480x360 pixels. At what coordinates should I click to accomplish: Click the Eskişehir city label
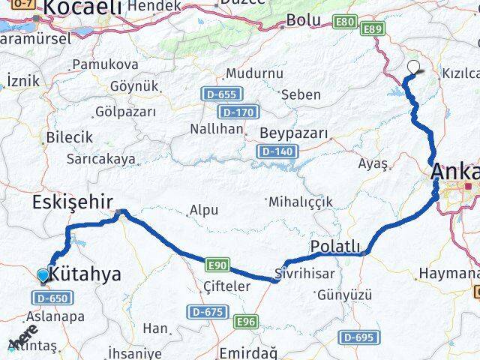tap(72, 202)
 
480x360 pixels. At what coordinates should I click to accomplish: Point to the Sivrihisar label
tap(304, 273)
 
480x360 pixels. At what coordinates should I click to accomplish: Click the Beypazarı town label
tap(294, 133)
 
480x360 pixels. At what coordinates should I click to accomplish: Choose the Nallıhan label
tap(216, 128)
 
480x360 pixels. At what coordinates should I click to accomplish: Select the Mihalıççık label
tap(300, 202)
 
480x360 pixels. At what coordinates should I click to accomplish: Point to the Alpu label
tap(203, 211)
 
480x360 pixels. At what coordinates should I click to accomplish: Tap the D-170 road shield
tap(239, 112)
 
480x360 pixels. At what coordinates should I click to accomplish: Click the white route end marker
tap(413, 66)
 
